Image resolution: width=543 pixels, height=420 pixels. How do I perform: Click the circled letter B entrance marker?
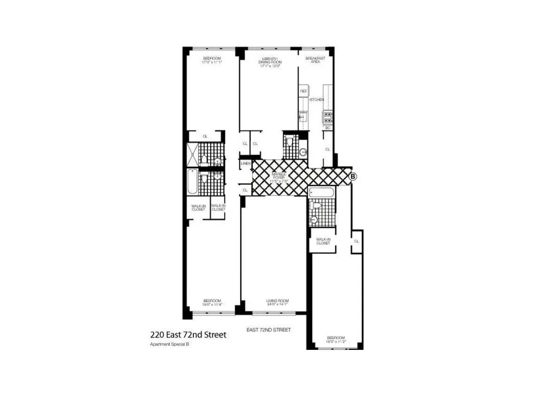coord(353,176)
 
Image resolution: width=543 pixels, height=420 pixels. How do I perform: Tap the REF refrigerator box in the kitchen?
coord(304,91)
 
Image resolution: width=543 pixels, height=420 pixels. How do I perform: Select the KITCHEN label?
coord(317,100)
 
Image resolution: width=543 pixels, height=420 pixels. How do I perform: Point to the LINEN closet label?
coord(245,163)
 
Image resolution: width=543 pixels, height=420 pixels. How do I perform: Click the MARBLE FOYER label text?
coord(279,175)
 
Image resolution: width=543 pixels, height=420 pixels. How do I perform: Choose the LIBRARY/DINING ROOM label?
coord(270,60)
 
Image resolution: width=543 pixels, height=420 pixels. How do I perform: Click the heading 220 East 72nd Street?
coord(188,335)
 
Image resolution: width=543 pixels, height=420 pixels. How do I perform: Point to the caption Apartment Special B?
coord(169,344)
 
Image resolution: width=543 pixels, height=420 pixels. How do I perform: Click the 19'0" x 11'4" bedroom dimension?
coord(212,304)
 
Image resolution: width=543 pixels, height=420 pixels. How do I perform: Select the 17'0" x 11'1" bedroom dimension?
coord(212,62)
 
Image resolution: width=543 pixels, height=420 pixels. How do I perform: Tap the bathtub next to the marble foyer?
coord(322,192)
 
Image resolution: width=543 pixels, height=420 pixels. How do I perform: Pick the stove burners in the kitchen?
coord(328,118)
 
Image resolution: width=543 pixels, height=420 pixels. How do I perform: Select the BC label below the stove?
coord(328,128)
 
